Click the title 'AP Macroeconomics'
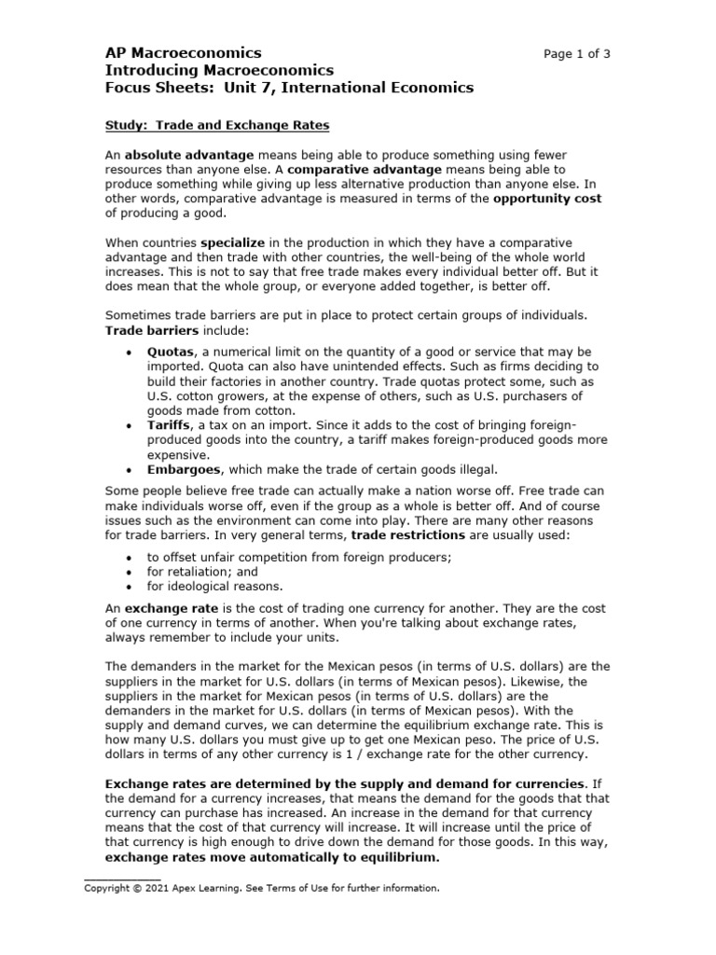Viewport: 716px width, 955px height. pyautogui.click(x=182, y=53)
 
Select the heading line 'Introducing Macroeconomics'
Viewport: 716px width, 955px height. pyautogui.click(x=217, y=71)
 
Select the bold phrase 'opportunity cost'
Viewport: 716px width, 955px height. pyautogui.click(x=547, y=199)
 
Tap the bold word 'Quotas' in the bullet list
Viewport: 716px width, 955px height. pyautogui.click(x=170, y=351)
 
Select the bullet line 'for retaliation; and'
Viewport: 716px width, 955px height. pyautogui.click(x=202, y=572)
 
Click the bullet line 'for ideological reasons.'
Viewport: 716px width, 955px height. pyautogui.click(x=213, y=587)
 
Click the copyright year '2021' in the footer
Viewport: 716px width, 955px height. pyautogui.click(x=168, y=888)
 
